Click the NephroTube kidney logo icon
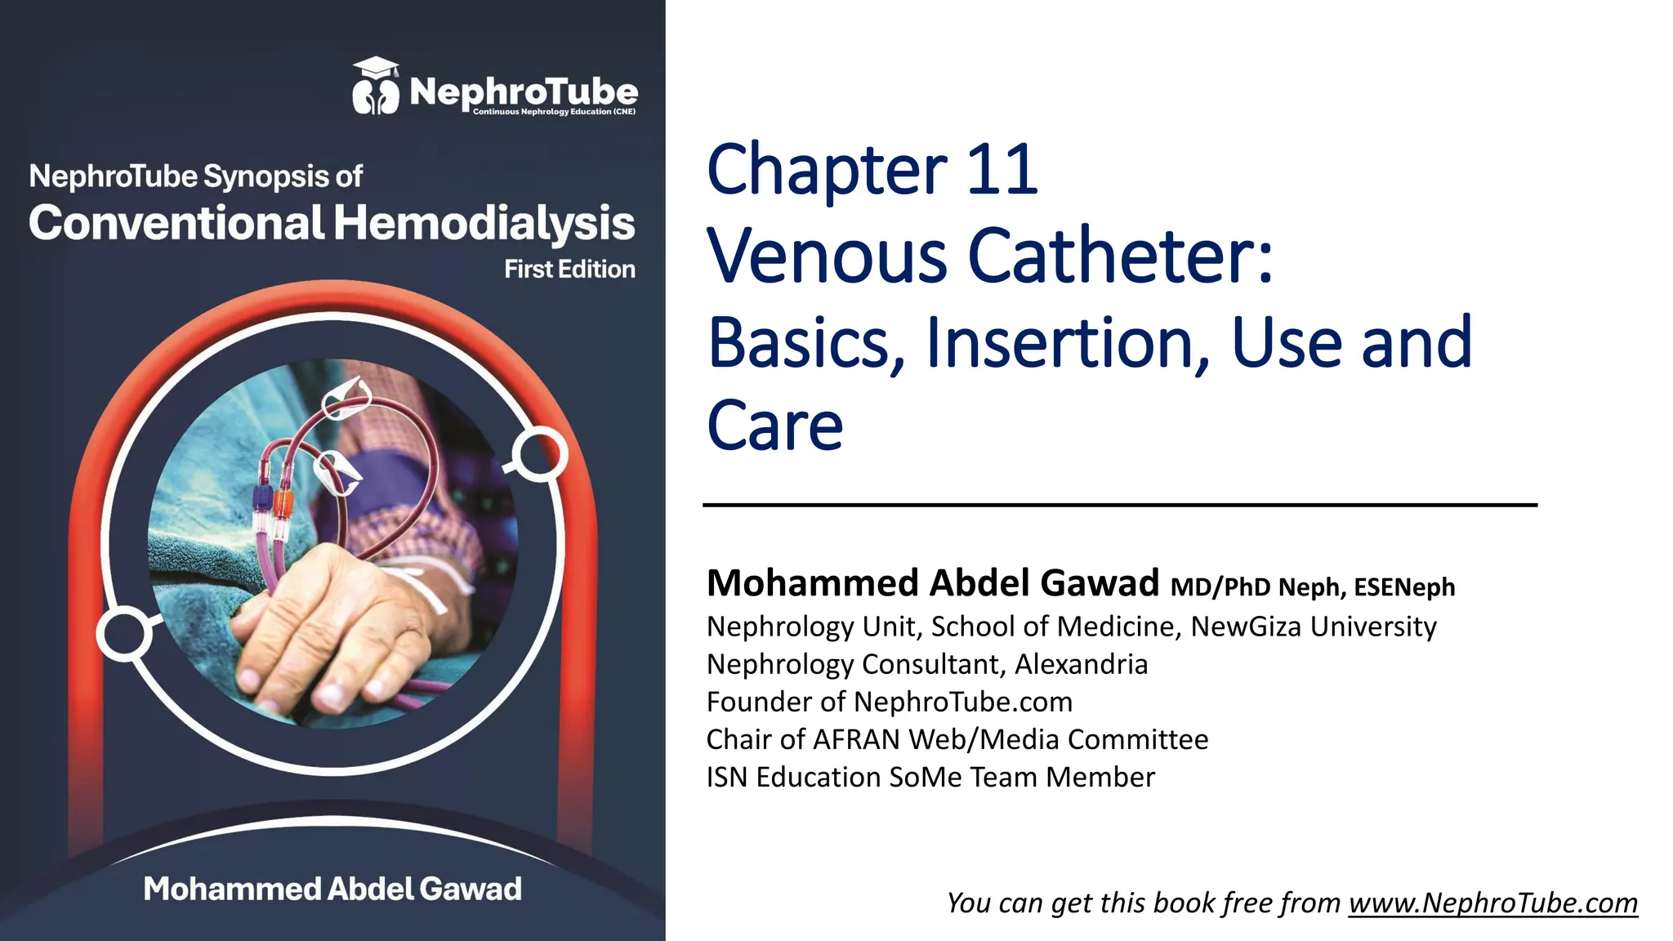375,87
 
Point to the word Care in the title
774,426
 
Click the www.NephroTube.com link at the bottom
1492,903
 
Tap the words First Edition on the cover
569,269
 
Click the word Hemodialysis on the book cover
484,223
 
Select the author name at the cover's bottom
332,889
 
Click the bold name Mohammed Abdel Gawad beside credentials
932,583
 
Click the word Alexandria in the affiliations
1081,664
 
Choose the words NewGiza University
1313,627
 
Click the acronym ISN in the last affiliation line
727,777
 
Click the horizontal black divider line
1119,505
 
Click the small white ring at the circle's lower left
123,633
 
